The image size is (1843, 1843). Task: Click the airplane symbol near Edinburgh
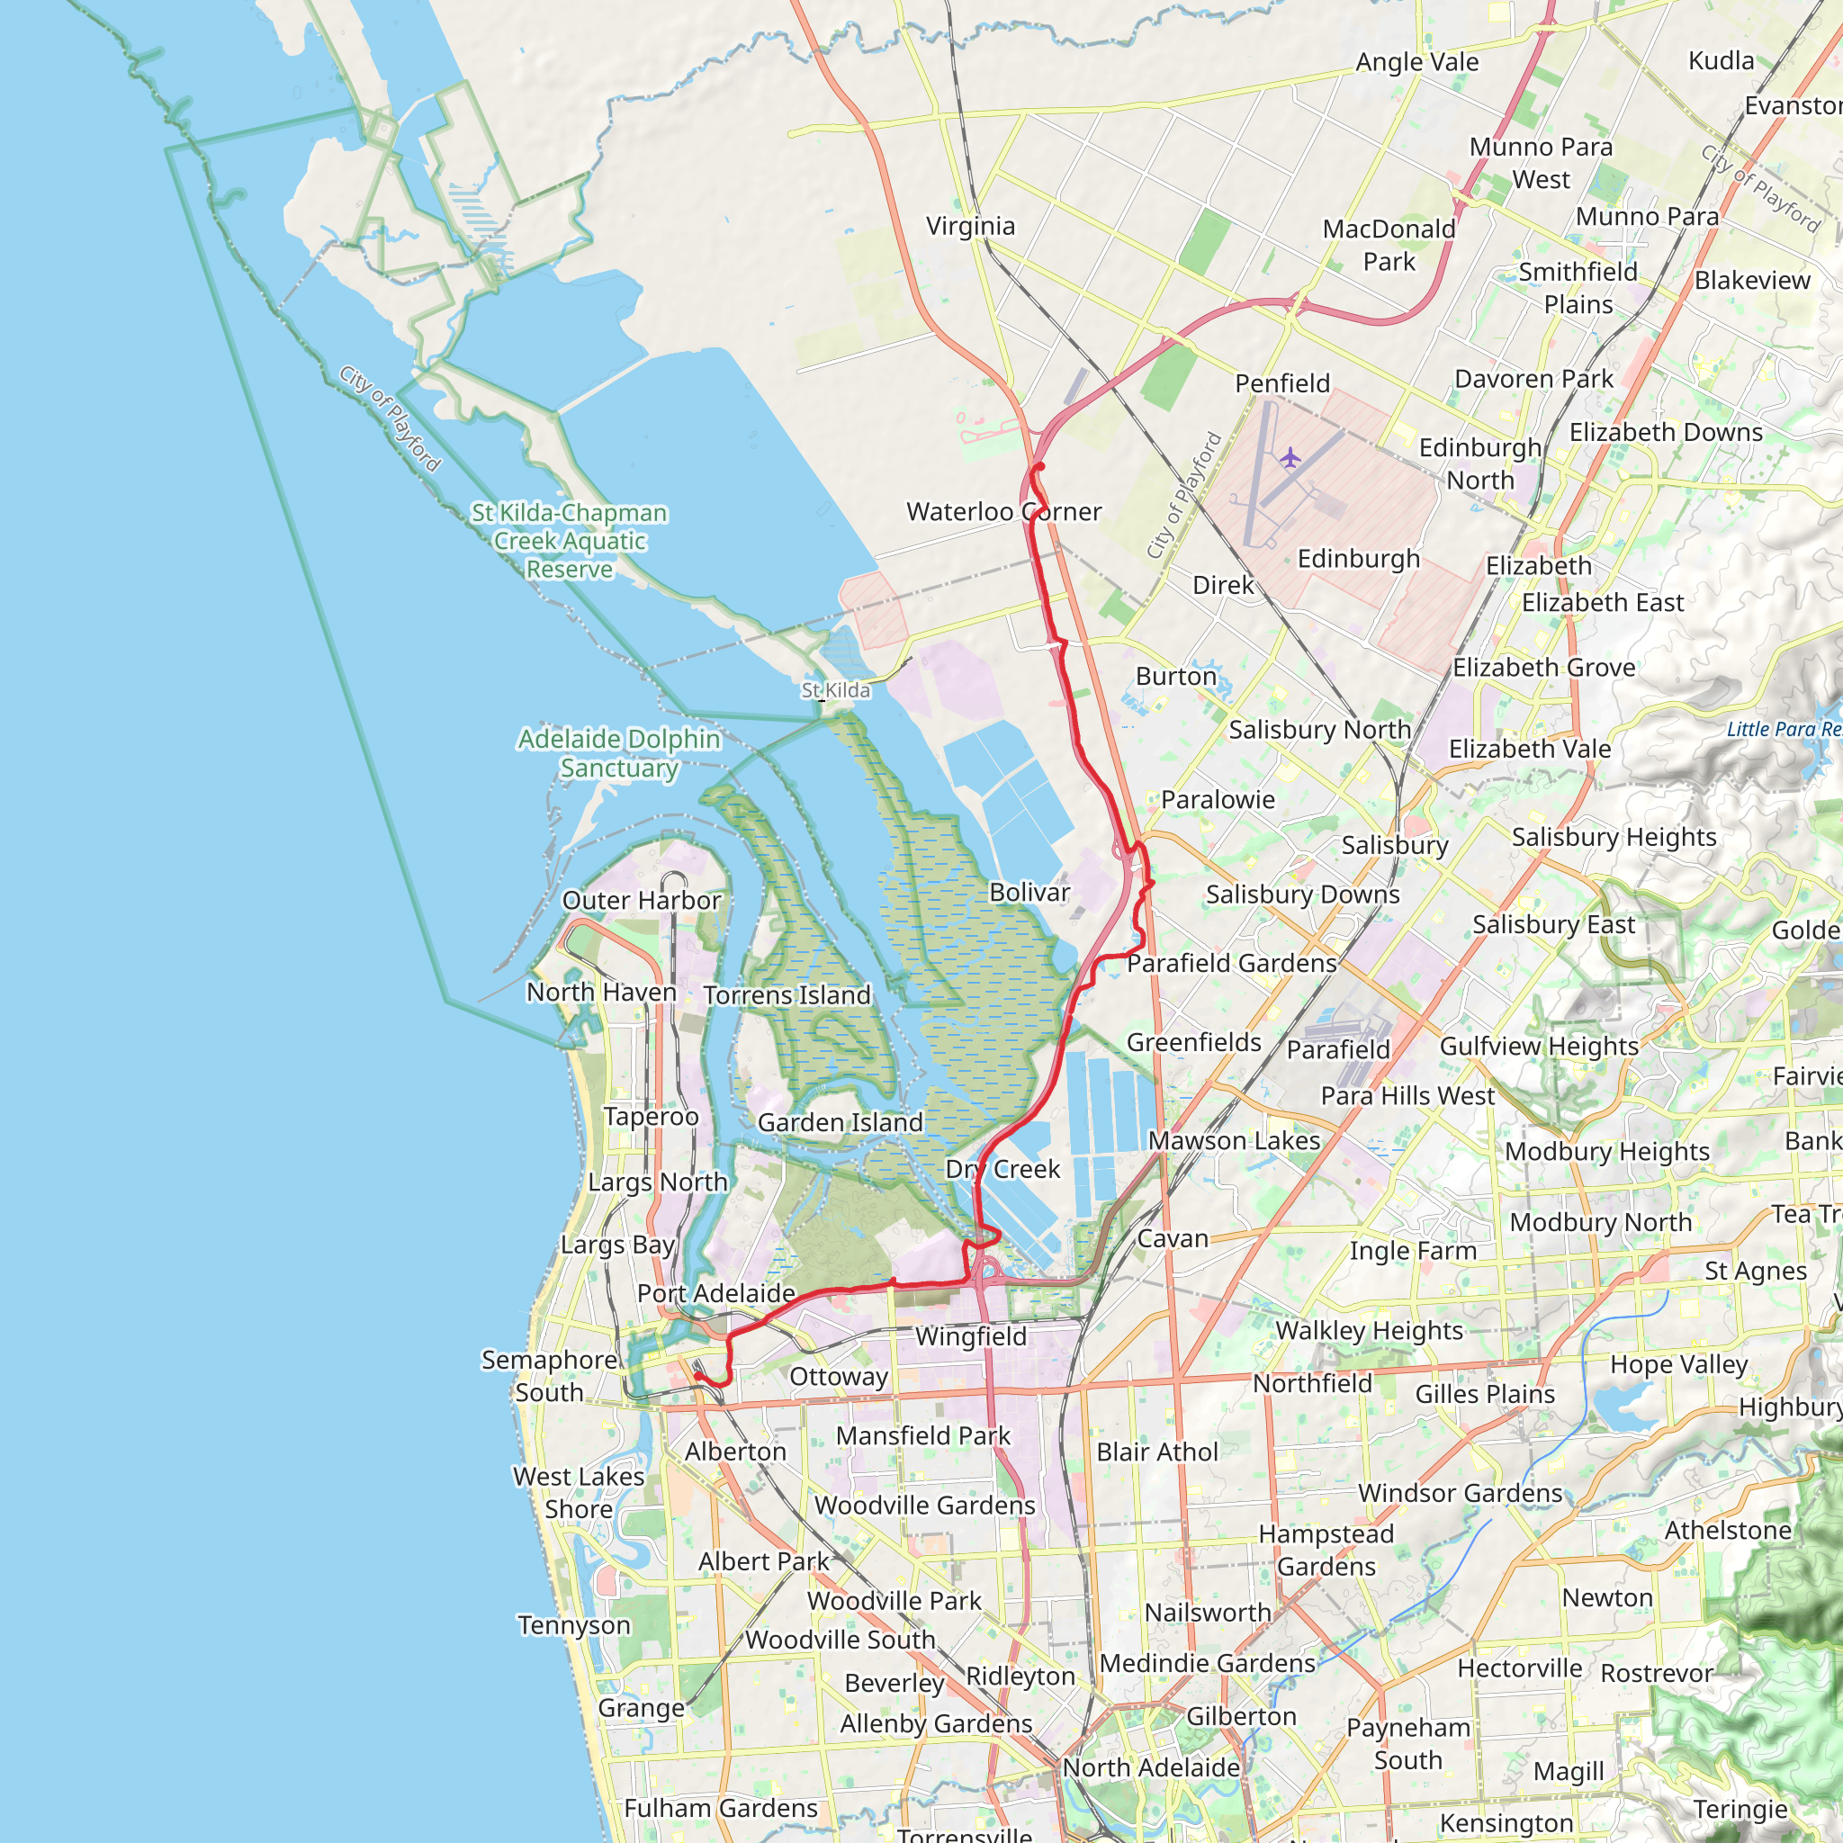1290,458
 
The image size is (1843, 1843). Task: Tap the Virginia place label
970,226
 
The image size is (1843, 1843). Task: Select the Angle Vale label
1416,62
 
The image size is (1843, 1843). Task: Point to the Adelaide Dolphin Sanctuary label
618,752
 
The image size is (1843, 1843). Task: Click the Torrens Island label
787,995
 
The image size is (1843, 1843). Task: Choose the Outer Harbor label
641,901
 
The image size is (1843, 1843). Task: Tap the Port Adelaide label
715,1293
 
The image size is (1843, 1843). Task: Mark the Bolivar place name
1029,892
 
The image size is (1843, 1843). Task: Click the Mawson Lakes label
1234,1140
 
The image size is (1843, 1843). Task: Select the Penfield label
1282,383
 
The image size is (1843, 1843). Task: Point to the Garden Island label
840,1122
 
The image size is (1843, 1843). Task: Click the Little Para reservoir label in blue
1783,729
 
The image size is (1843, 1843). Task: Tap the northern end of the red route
1041,466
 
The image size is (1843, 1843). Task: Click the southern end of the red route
697,1377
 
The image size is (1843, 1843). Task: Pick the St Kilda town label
836,689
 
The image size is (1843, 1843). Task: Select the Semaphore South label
549,1376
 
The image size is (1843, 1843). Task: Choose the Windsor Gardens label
1460,1493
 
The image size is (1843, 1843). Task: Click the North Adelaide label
1150,1767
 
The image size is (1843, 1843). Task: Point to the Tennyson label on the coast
574,1624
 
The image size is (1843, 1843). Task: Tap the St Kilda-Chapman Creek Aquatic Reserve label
570,541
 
